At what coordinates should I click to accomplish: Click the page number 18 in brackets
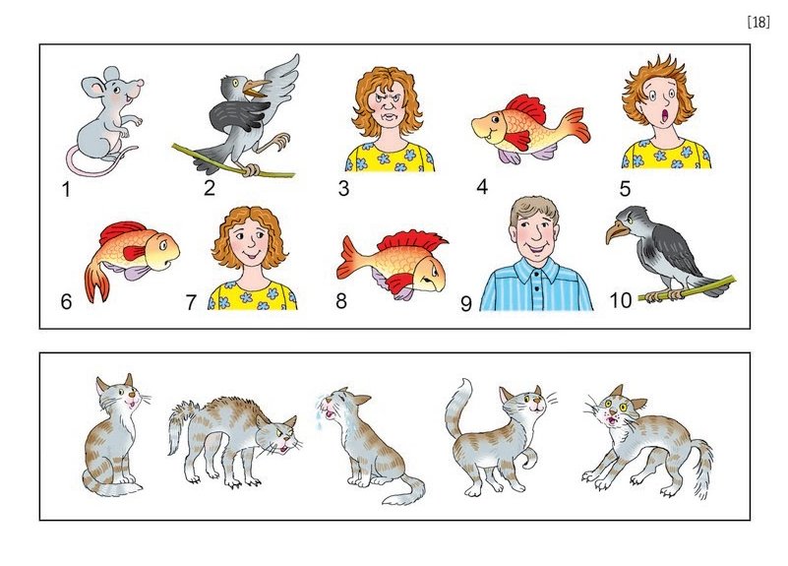tap(758, 23)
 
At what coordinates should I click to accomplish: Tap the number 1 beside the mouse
tap(66, 190)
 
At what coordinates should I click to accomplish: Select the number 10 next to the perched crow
tap(620, 300)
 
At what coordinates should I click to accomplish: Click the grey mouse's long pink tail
tap(95, 166)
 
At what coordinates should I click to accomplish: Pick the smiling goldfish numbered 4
tap(530, 128)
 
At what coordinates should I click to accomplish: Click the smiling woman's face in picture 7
tap(248, 241)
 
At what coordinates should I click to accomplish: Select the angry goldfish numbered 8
tap(391, 263)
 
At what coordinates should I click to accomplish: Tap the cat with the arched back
tap(234, 438)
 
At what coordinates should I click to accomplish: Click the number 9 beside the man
tap(466, 303)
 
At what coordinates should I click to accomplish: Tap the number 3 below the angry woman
tap(343, 188)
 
